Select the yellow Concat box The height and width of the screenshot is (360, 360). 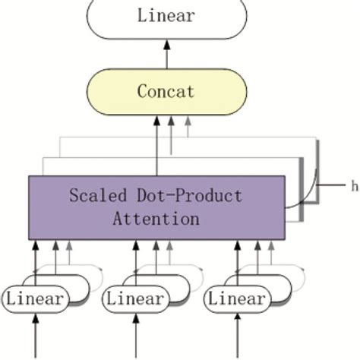pos(166,92)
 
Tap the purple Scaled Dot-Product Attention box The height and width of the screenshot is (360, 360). pos(156,207)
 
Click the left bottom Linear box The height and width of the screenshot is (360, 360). pos(35,299)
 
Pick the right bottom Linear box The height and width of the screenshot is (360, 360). pos(237,299)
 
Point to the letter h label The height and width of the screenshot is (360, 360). pos(353,185)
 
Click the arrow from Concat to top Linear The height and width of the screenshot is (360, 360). pos(166,55)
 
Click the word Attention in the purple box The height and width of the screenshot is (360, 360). pos(156,219)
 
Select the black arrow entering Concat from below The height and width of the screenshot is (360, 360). pos(157,144)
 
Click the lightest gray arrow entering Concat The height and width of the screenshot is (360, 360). pos(187,129)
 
